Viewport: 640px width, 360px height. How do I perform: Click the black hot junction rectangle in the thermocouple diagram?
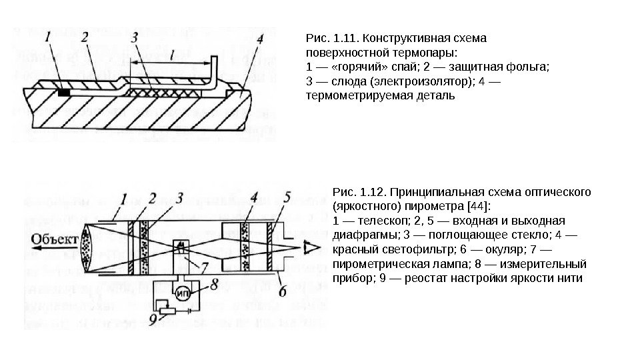[64, 92]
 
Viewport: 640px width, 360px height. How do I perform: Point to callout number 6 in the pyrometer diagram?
[282, 291]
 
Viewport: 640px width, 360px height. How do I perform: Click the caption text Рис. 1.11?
[325, 38]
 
